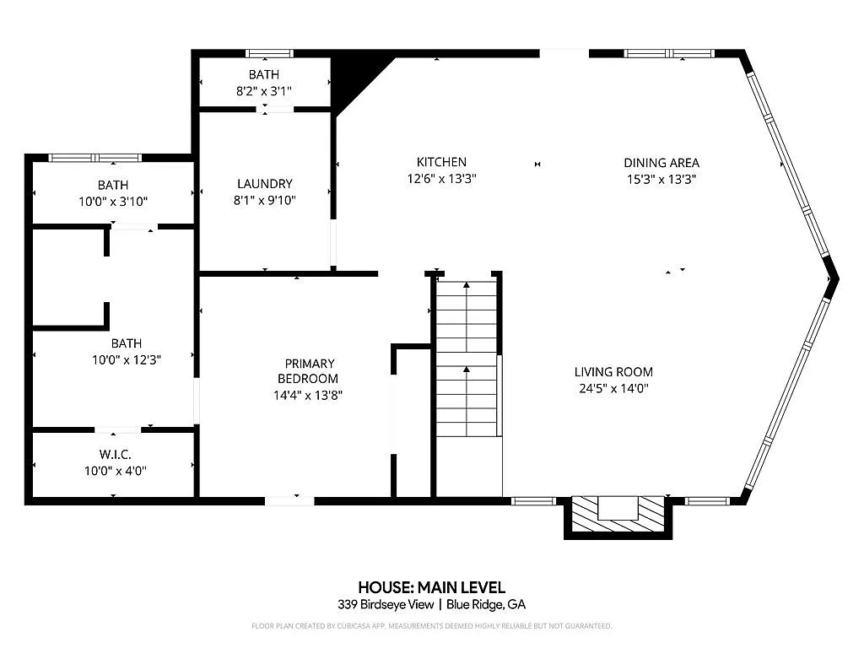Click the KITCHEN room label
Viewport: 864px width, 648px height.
tap(441, 162)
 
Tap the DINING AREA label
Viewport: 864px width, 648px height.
tap(661, 163)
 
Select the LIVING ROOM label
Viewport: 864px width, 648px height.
tap(613, 372)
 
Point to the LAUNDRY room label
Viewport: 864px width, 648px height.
tap(264, 183)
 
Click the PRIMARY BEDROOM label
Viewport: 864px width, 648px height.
tap(309, 371)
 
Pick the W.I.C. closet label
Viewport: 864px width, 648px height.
tap(115, 455)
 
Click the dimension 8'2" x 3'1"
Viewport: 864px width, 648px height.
tap(264, 91)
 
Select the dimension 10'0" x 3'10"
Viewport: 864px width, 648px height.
tap(113, 202)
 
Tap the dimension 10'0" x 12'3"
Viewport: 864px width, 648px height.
tap(127, 359)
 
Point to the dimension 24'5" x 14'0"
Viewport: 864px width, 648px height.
tap(613, 388)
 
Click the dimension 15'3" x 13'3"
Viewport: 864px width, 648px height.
tap(661, 179)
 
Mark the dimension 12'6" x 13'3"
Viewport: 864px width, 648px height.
tap(441, 179)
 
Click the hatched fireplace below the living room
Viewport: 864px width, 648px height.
tap(618, 515)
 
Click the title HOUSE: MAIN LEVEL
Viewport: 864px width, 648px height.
tap(431, 587)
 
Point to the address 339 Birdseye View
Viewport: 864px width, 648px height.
tap(386, 604)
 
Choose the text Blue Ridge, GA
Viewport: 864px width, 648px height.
tap(486, 604)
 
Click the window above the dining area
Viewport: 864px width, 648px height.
tap(669, 53)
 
